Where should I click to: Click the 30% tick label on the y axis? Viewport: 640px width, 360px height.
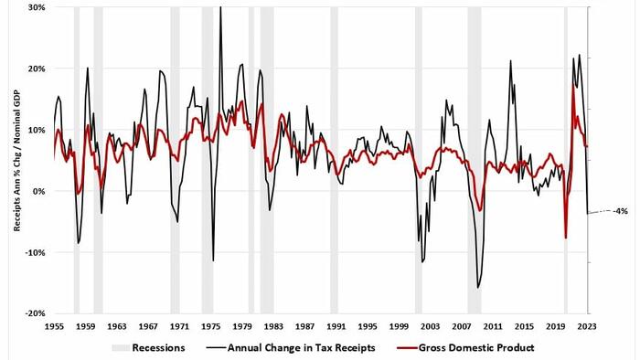pyautogui.click(x=37, y=7)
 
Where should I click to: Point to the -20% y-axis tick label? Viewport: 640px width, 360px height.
pyautogui.click(x=35, y=313)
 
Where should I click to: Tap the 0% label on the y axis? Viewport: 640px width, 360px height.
pyautogui.click(x=38, y=191)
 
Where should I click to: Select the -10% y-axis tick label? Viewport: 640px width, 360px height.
pyautogui.click(x=35, y=252)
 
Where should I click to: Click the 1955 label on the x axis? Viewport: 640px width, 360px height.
pyautogui.click(x=54, y=326)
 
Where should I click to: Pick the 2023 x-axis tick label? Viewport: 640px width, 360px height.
pyautogui.click(x=587, y=326)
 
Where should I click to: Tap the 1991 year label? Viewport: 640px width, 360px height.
pyautogui.click(x=336, y=326)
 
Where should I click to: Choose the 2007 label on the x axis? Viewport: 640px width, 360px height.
pyautogui.click(x=462, y=326)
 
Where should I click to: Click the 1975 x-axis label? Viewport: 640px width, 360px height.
pyautogui.click(x=210, y=326)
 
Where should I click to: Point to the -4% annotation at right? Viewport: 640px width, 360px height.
pyautogui.click(x=621, y=211)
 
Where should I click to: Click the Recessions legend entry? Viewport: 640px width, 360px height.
pyautogui.click(x=148, y=348)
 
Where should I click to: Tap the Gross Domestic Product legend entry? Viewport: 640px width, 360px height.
pyautogui.click(x=465, y=348)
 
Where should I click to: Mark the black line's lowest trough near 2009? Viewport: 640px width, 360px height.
pyautogui.click(x=477, y=288)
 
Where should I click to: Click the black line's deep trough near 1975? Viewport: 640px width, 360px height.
pyautogui.click(x=213, y=260)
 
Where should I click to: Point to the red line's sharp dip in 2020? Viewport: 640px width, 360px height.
pyautogui.click(x=566, y=238)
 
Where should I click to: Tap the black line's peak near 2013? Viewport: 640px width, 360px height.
pyautogui.click(x=510, y=60)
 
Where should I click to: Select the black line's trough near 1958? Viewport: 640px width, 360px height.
pyautogui.click(x=78, y=243)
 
